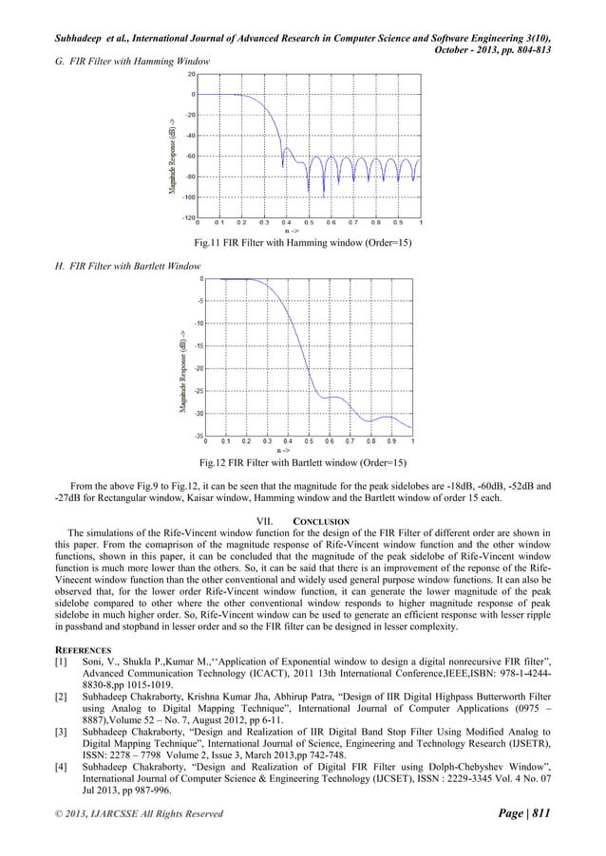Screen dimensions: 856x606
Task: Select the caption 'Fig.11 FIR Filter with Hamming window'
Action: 301,243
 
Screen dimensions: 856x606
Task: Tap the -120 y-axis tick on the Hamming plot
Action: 189,217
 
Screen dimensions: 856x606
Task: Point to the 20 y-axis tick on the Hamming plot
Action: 192,73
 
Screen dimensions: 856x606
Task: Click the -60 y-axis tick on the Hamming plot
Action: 190,156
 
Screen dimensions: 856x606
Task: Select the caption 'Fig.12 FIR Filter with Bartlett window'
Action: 303,462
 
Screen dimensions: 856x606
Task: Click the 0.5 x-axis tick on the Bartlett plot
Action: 309,441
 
